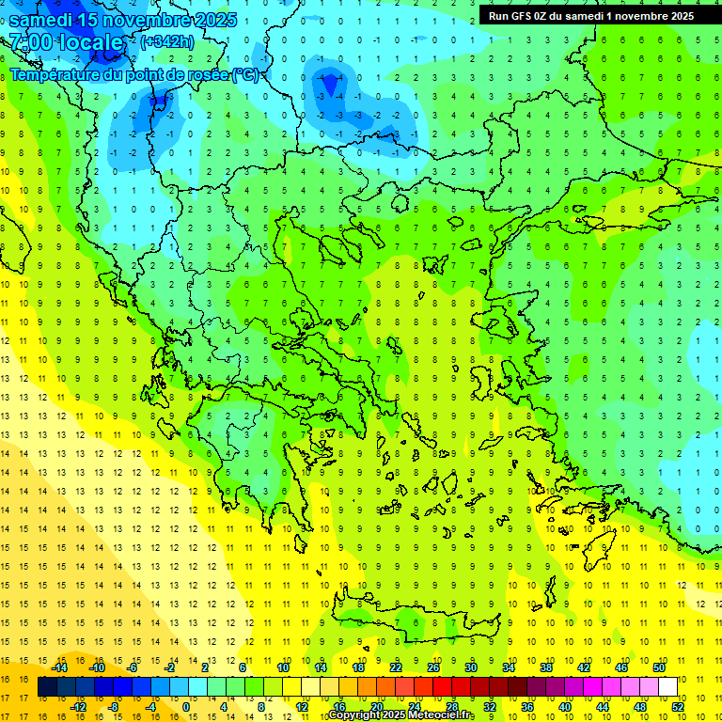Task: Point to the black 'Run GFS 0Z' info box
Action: click(591, 15)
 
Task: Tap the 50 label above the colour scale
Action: click(658, 667)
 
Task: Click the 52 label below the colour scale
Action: click(678, 707)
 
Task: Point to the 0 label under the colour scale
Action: click(186, 707)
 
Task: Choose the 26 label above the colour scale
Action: click(432, 667)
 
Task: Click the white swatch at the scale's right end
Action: click(667, 687)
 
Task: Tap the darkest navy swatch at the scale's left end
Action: click(47, 687)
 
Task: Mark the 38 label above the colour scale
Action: click(545, 667)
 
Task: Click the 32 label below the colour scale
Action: click(489, 707)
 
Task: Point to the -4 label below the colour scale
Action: click(150, 707)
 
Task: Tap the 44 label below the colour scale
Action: click(602, 707)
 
